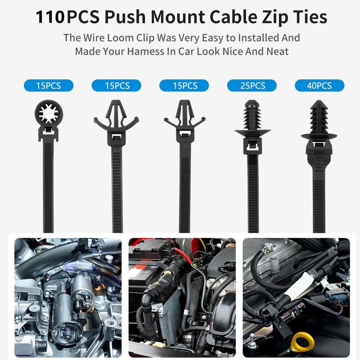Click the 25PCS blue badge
tap(252, 85)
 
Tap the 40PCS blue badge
tap(319, 85)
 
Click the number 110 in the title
tap(50, 17)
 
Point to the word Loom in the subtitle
tap(120, 38)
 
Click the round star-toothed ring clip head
tap(49, 113)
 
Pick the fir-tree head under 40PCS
tap(319, 117)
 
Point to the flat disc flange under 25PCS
tap(252, 133)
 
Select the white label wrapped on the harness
tap(296, 286)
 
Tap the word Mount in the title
tap(178, 17)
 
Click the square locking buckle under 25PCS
tap(252, 146)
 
